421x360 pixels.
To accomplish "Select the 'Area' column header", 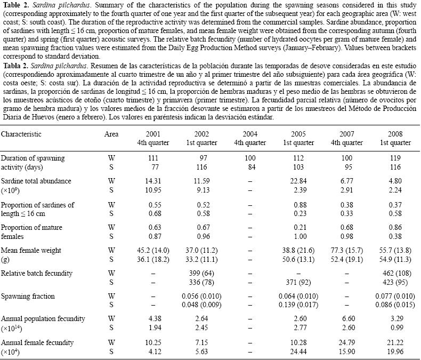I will pos(111,135).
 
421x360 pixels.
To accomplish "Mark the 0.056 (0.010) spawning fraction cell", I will pos(205,295).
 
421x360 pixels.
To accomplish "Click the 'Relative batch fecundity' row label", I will pos(36,273).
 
